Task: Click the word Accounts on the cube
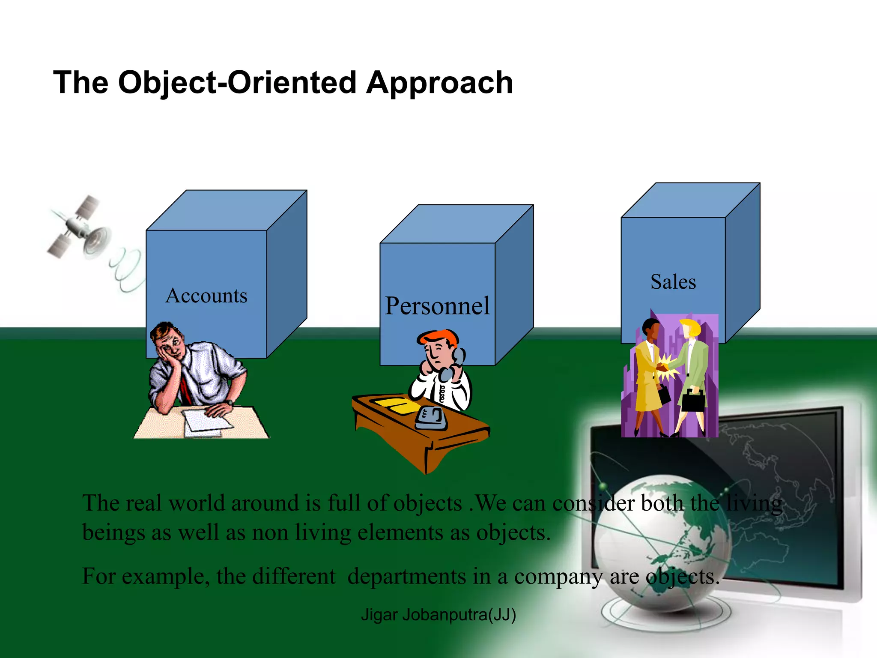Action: click(x=206, y=296)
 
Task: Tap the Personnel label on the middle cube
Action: click(x=437, y=306)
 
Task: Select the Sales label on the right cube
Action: click(x=673, y=282)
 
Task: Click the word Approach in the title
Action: click(x=439, y=82)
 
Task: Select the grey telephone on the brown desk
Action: click(x=431, y=418)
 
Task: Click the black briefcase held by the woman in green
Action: click(x=693, y=401)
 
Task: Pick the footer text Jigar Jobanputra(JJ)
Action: click(x=438, y=614)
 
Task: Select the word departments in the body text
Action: click(x=406, y=577)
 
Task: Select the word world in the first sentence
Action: click(x=197, y=503)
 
